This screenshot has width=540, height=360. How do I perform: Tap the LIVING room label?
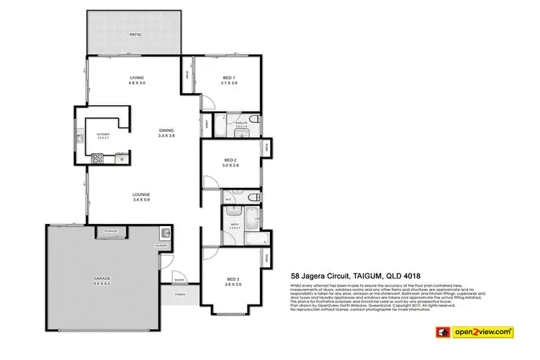(137, 78)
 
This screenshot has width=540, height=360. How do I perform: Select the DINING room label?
(167, 130)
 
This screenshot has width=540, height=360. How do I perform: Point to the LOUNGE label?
(140, 194)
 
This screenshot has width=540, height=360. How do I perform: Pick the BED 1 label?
(230, 78)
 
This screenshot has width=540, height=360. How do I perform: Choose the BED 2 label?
(230, 160)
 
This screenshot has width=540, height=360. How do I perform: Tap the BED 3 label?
(233, 279)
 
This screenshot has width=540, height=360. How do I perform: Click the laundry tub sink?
(166, 233)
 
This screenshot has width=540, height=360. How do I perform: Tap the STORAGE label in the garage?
(111, 231)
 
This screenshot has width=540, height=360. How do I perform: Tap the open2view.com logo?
(483, 332)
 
